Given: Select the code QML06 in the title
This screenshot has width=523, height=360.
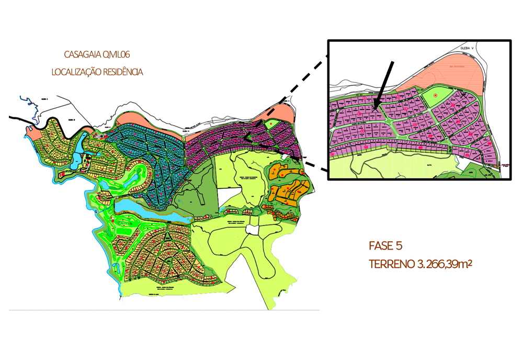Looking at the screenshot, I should [x=117, y=54].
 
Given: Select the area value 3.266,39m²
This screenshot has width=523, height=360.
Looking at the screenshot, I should [x=445, y=264].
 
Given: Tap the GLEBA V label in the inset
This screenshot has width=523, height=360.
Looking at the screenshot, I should [x=467, y=48].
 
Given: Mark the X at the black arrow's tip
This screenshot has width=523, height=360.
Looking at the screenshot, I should [x=375, y=108].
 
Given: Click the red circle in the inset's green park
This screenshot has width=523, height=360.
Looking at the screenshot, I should [x=435, y=95].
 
